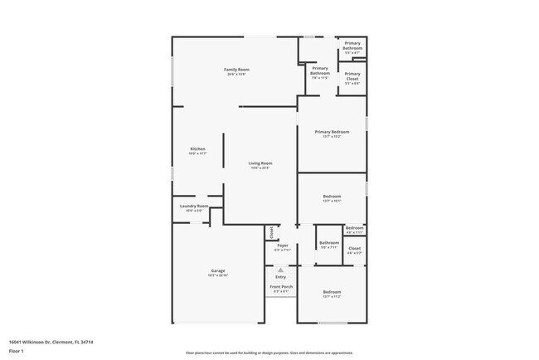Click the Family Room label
236,69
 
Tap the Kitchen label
197,148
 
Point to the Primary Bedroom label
332,132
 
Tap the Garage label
218,270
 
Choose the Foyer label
283,245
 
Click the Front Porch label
280,286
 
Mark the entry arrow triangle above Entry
280,270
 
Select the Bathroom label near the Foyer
329,242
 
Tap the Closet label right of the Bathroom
354,248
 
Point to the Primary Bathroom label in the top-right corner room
352,46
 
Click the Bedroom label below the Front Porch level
332,292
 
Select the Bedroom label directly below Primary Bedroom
332,196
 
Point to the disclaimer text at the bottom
269,353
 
